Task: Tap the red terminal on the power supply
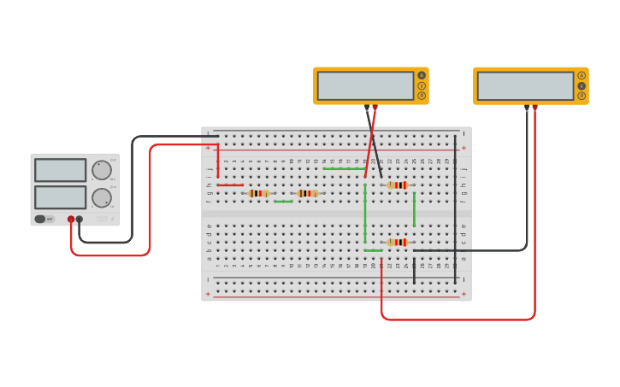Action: tap(71, 220)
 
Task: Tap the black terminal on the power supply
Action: tap(80, 220)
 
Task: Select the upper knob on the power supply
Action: tap(101, 170)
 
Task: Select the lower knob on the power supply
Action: tap(101, 198)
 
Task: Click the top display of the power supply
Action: tap(60, 170)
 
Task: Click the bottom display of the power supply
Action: tap(60, 197)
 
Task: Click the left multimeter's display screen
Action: tap(365, 85)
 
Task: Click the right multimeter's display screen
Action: tap(525, 85)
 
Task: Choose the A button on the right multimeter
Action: tap(582, 75)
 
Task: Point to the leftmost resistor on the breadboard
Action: tap(258, 193)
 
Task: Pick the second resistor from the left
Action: tap(308, 193)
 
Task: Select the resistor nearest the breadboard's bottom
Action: tap(397, 243)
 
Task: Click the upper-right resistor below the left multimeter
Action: tap(397, 185)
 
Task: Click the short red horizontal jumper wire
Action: tap(229, 185)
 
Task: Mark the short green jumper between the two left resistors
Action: tap(283, 202)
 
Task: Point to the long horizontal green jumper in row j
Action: tap(344, 169)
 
